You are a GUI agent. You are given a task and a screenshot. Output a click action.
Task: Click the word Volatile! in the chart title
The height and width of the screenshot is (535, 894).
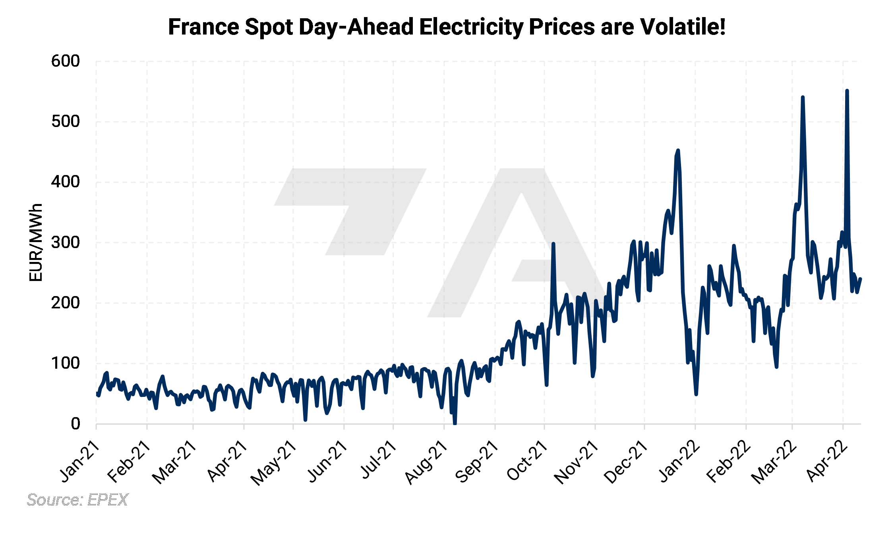pos(683,27)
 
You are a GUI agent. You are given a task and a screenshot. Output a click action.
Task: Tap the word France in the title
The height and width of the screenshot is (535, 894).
pos(203,27)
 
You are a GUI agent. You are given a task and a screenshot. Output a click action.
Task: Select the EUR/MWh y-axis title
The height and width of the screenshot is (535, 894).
pos(36,242)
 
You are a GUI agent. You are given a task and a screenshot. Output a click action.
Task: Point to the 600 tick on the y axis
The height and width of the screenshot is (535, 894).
pos(66,61)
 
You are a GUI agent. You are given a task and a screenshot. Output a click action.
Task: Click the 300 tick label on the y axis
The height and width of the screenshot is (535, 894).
pos(66,242)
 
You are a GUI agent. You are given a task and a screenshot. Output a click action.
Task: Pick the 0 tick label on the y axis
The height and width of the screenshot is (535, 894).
pos(75,423)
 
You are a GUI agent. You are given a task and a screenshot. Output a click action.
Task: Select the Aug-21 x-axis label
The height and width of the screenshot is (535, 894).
pos(427,462)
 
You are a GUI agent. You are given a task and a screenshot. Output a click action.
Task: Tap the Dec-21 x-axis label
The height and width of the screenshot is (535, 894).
pos(626,462)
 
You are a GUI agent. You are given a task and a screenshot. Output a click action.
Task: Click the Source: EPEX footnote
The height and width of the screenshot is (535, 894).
pos(77,500)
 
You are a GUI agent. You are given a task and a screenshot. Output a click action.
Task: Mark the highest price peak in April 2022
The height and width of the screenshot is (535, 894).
pos(847,91)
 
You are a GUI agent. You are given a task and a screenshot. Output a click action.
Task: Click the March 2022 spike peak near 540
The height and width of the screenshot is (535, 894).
pos(803,97)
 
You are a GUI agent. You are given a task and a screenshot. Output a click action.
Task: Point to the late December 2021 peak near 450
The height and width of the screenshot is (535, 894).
pos(678,150)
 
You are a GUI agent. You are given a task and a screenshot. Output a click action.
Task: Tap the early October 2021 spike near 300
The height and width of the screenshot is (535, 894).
pos(553,244)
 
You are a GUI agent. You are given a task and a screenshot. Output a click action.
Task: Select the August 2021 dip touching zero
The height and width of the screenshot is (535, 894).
pos(455,423)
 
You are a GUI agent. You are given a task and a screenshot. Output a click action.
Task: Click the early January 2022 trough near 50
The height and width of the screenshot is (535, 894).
pos(696,394)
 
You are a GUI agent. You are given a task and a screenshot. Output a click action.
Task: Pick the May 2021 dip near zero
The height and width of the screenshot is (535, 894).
pos(305,419)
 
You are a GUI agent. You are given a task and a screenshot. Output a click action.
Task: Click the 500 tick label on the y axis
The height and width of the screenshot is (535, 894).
pos(66,121)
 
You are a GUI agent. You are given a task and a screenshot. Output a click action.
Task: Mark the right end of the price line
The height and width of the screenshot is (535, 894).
pos(861,279)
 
